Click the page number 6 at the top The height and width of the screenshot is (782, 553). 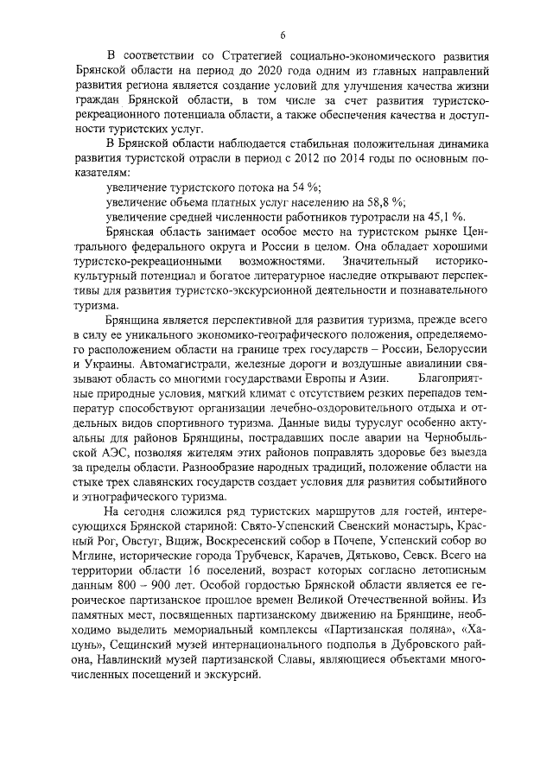click(283, 35)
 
